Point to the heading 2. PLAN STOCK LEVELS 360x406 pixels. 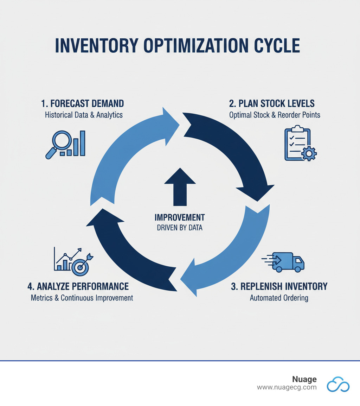coord(272,103)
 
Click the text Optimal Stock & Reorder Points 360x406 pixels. coord(275,115)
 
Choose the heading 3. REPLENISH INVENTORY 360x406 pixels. coord(279,286)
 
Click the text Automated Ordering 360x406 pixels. coord(279,298)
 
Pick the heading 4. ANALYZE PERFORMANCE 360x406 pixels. coord(78,286)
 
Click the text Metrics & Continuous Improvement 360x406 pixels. coord(82,298)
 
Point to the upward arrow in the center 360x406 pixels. coord(180,187)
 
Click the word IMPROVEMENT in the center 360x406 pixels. coord(180,217)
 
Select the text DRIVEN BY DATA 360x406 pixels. coord(180,228)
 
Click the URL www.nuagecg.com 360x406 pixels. coord(287,387)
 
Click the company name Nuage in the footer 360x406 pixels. coord(304,379)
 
